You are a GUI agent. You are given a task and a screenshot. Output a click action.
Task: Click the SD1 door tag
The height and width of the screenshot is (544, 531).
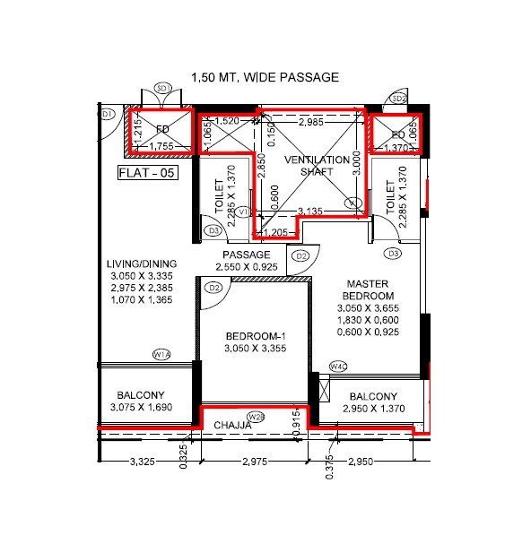(162, 88)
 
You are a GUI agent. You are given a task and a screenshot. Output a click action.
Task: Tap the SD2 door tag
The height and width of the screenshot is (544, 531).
(399, 98)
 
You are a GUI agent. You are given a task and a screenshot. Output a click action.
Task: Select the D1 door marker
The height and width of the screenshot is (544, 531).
(106, 115)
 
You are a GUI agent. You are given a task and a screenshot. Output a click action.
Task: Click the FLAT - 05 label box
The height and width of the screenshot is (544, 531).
(147, 174)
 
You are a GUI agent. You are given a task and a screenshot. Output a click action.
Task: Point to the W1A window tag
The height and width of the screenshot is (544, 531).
(162, 354)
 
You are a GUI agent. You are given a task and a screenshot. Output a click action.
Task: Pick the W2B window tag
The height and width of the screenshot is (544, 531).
(256, 417)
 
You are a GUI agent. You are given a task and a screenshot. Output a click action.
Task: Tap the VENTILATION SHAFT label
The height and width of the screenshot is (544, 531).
(309, 166)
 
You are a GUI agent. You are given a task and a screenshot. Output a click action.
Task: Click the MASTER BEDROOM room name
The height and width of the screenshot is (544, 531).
(370, 289)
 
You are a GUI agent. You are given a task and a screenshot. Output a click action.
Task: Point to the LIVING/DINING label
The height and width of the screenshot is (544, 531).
(142, 263)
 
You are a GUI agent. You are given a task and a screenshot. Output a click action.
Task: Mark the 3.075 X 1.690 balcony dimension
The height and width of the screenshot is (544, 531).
(144, 409)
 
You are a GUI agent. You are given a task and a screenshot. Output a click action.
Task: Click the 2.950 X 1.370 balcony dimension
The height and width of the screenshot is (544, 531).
(373, 410)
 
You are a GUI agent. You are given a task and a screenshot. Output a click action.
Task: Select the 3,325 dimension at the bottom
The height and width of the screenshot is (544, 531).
(144, 462)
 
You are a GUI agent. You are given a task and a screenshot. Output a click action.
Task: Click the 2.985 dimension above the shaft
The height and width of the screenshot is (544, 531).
(310, 120)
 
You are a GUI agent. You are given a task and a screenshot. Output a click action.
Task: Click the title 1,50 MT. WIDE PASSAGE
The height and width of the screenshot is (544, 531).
(265, 77)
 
